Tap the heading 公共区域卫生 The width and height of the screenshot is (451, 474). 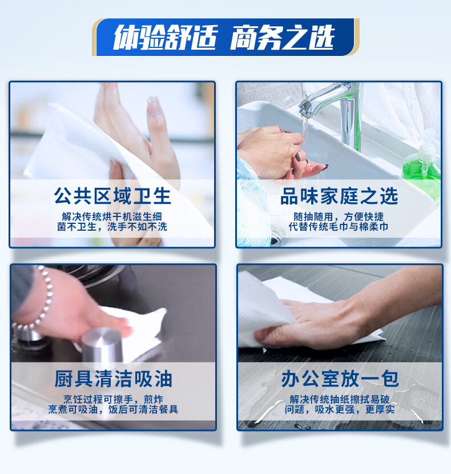(112, 196)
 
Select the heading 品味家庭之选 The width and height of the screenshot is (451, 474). (339, 196)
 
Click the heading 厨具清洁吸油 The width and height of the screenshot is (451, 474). (113, 379)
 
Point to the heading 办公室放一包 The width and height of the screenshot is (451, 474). (340, 379)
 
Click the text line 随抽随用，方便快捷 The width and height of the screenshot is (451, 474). (339, 217)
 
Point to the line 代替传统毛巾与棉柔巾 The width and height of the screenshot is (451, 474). (339, 227)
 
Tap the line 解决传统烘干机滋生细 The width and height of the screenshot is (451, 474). (112, 217)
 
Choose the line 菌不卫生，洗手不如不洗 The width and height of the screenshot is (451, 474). (112, 227)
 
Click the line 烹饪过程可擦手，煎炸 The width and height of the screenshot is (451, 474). (112, 399)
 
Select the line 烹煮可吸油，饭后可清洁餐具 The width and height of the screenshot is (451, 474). (112, 409)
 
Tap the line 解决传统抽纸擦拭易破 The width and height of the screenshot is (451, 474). (339, 399)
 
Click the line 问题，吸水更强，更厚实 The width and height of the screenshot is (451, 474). (339, 409)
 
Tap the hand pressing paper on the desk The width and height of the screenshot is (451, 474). (320, 320)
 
